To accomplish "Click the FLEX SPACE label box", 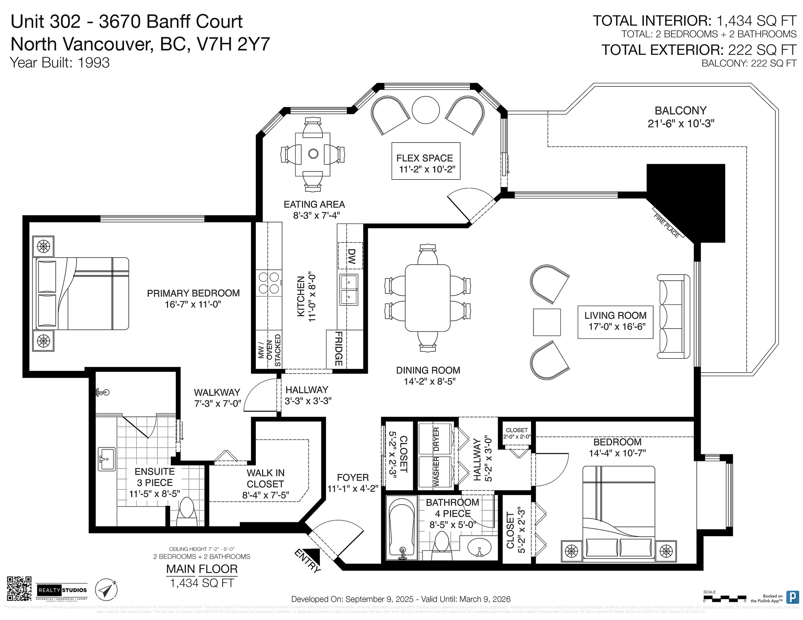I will coord(426,161).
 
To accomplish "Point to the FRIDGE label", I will coord(338,349).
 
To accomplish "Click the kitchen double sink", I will coord(349,290).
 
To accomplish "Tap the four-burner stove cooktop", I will coord(269,283).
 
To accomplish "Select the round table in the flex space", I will coord(426,110).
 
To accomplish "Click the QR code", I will coord(19,589).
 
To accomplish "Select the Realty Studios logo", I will coord(62,590).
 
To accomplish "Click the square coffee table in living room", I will coord(547,322).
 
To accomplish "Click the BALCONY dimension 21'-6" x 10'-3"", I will coord(680,124).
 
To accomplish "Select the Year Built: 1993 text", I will coord(60,63).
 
